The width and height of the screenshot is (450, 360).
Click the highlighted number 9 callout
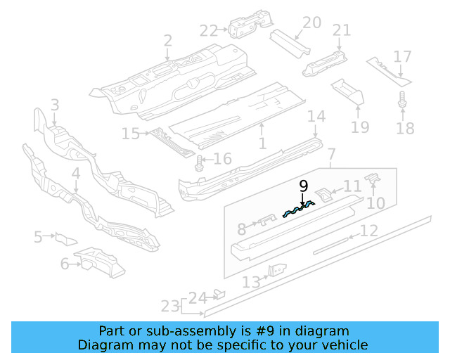coord(303,186)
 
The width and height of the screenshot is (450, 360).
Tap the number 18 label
coord(405,129)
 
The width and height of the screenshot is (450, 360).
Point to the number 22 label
coord(209,30)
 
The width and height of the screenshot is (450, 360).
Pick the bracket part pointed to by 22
coord(245,27)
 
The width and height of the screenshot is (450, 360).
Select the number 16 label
coord(222,160)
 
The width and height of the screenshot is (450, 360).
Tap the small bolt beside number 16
coord(199,163)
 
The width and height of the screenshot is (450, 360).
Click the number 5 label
coord(38,238)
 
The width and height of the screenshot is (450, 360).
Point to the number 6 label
coord(65,264)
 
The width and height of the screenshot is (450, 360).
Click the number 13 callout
coord(251,282)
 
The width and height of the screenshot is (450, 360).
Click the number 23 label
coord(170,306)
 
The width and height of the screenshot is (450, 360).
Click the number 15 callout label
coord(131,134)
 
